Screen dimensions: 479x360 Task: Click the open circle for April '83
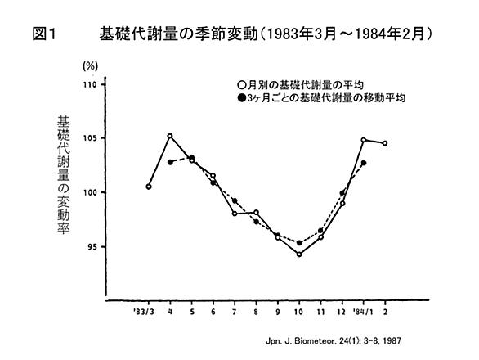(170, 136)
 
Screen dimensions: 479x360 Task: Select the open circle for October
(299, 254)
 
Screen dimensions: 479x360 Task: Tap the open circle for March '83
(149, 187)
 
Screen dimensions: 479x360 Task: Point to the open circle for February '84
(385, 143)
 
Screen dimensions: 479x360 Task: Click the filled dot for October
(299, 243)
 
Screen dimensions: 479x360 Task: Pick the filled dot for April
(170, 162)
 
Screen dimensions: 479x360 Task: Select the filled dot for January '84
(364, 163)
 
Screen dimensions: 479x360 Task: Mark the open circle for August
(257, 212)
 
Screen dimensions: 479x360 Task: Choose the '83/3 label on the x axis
(144, 312)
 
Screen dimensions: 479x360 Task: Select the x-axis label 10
(298, 312)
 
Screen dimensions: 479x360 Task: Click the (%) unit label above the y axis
(91, 65)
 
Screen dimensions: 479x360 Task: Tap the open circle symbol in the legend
(241, 85)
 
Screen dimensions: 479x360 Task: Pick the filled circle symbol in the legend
(241, 98)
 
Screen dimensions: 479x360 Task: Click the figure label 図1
(44, 34)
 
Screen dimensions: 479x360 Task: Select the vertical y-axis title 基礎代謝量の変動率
(64, 175)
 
